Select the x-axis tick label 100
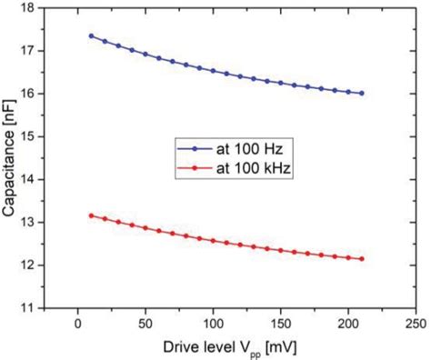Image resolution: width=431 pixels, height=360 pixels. (213, 324)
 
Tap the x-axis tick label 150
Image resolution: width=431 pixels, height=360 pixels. (280, 324)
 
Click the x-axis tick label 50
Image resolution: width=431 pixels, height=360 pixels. (145, 324)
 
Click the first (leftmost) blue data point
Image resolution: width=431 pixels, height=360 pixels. (91, 35)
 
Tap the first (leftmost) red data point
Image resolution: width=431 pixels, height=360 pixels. (91, 215)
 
